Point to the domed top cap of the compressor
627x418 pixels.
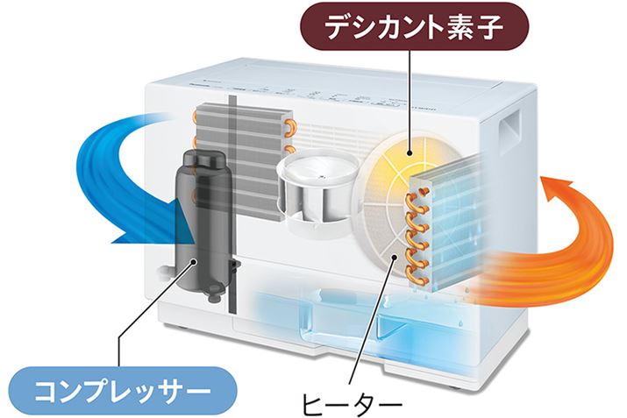pyautogui.click(x=203, y=162)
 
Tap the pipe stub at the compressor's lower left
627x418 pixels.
pyautogui.click(x=161, y=273)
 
